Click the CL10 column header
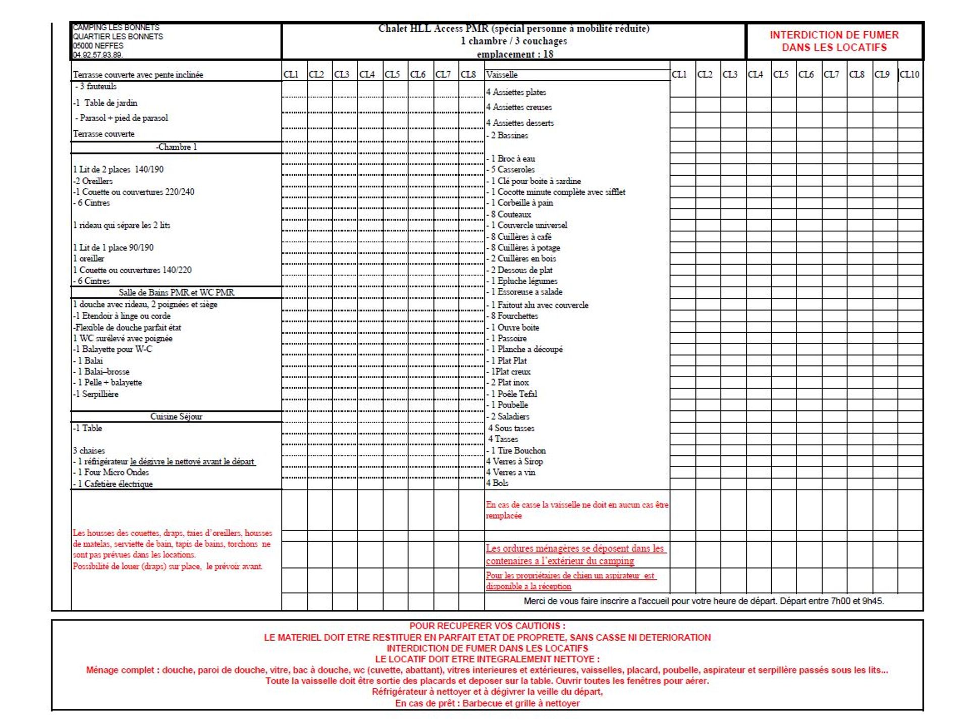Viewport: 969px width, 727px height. click(909, 74)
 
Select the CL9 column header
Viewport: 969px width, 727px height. click(882, 74)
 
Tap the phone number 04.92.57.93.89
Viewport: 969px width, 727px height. click(98, 55)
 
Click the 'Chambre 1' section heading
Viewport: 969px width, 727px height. click(176, 147)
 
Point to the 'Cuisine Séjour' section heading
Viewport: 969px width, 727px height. click(176, 417)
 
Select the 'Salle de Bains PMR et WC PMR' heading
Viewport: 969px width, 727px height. click(176, 292)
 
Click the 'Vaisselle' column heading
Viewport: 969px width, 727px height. click(502, 74)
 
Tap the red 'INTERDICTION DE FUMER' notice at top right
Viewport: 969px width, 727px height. click(834, 41)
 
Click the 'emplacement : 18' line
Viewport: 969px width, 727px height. click(515, 54)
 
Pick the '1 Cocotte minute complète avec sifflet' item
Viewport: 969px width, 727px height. click(558, 192)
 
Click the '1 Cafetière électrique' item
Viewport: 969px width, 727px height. click(115, 484)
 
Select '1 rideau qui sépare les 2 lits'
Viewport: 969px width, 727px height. click(122, 225)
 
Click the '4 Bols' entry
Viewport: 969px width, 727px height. click(497, 483)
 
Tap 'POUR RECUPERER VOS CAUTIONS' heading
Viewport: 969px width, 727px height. click(487, 626)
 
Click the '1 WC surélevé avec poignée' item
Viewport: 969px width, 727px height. click(123, 338)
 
